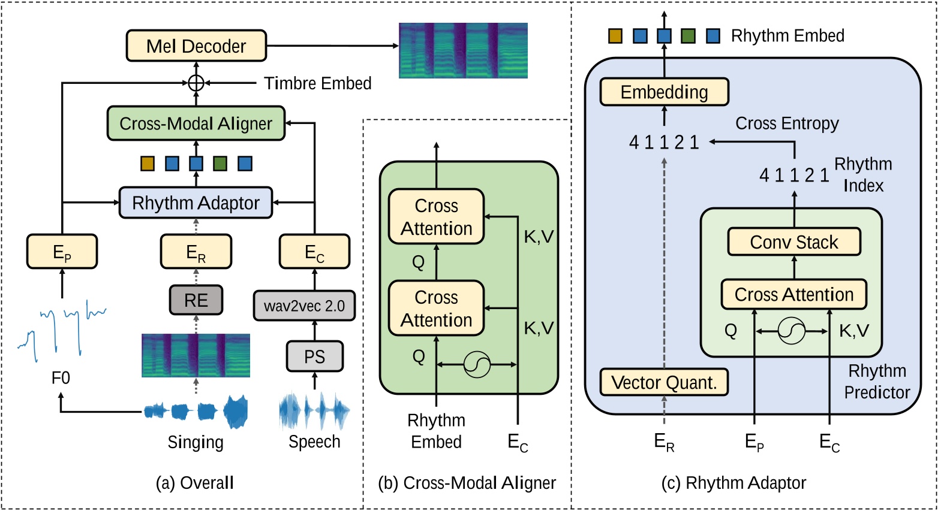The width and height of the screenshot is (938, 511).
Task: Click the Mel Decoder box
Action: point(196,46)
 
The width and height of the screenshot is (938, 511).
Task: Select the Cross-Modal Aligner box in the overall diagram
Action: point(196,123)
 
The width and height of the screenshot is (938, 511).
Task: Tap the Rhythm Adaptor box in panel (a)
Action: point(196,203)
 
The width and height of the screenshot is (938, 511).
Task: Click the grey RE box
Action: point(196,300)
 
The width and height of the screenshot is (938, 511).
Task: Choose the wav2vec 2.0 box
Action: point(305,306)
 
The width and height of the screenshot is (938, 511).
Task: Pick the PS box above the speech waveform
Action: point(315,356)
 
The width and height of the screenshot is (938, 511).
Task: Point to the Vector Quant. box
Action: point(664,382)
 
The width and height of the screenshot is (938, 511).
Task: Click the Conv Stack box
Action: point(795,241)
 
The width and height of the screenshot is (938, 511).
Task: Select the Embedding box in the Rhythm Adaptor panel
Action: point(665,92)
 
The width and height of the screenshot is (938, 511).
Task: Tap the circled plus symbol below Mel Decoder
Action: point(196,83)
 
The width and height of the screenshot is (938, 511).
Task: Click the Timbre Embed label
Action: point(318,83)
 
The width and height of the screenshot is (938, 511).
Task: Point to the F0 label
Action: point(61,378)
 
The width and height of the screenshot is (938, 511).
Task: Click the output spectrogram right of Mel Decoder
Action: point(463,50)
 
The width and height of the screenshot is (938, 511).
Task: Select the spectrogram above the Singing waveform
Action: point(196,355)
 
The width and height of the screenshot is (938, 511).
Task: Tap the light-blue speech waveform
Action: point(314,411)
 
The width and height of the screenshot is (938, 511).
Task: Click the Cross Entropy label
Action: point(787,123)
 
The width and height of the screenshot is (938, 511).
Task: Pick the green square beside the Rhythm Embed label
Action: point(689,36)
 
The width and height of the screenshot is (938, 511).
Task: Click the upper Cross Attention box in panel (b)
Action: point(437,217)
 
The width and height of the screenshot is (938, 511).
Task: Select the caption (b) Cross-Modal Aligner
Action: point(467,483)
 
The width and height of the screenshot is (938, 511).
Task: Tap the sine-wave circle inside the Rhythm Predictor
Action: point(792,331)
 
